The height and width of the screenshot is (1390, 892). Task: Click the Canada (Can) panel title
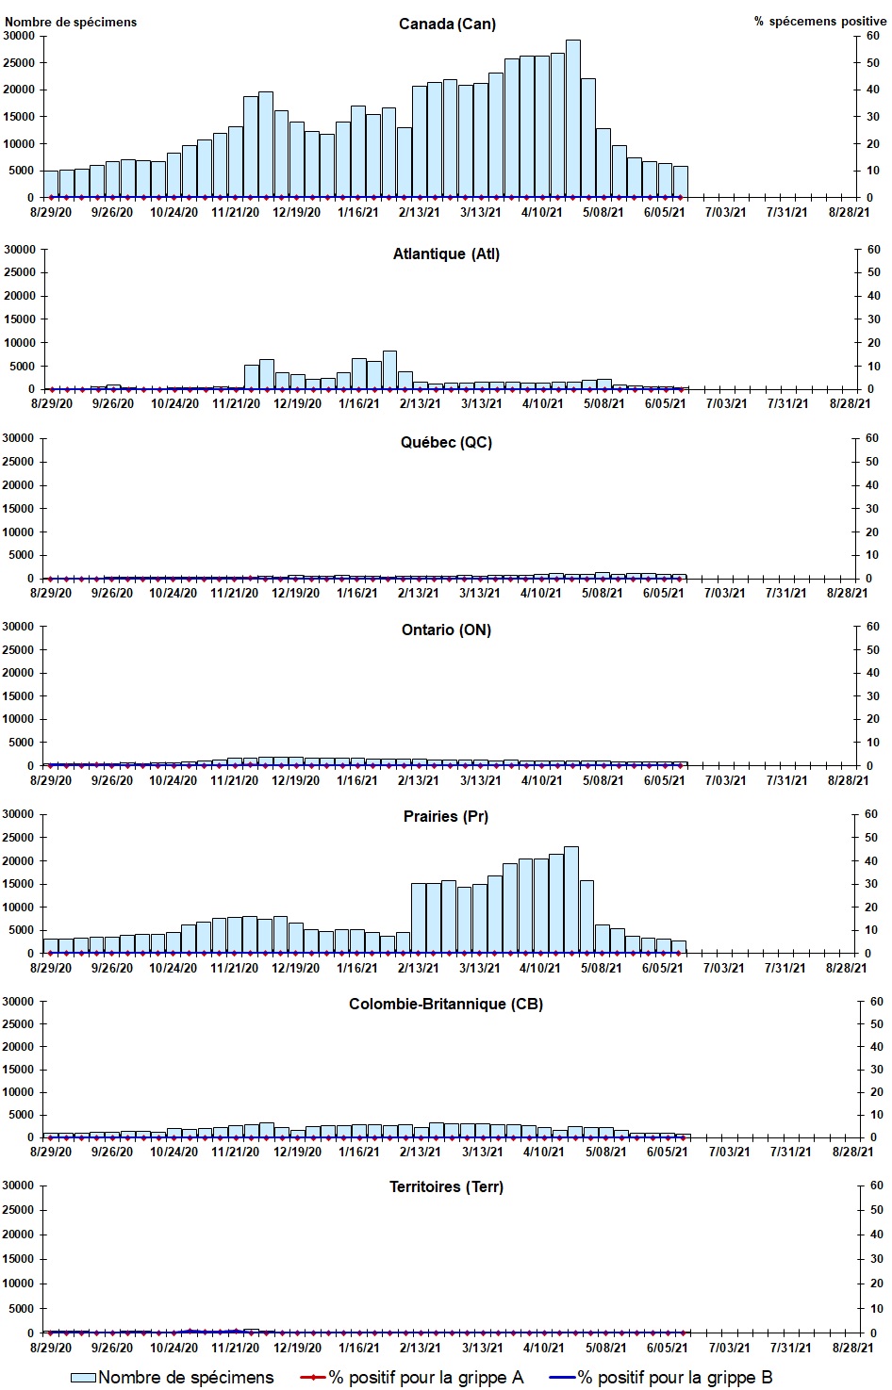(x=447, y=24)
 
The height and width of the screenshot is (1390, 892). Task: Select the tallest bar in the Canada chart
(x=572, y=119)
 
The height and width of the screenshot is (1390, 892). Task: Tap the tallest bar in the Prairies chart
(x=570, y=900)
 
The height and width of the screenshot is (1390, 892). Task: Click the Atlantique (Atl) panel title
(x=446, y=253)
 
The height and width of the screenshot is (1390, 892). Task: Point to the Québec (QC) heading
(x=446, y=442)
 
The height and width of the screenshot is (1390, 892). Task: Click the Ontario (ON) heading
(x=446, y=630)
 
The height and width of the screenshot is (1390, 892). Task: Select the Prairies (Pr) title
(x=446, y=816)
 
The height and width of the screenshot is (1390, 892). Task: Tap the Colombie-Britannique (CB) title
(x=446, y=1004)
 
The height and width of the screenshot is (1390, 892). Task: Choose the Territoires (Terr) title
(x=446, y=1186)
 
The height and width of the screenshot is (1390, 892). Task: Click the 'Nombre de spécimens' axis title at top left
(x=71, y=22)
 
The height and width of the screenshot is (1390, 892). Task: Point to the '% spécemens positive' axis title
(x=819, y=22)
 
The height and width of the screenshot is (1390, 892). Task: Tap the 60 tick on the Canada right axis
(x=873, y=36)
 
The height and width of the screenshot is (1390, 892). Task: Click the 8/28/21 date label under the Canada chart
(x=848, y=213)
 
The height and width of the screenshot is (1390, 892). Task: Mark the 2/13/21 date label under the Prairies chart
(x=418, y=968)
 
